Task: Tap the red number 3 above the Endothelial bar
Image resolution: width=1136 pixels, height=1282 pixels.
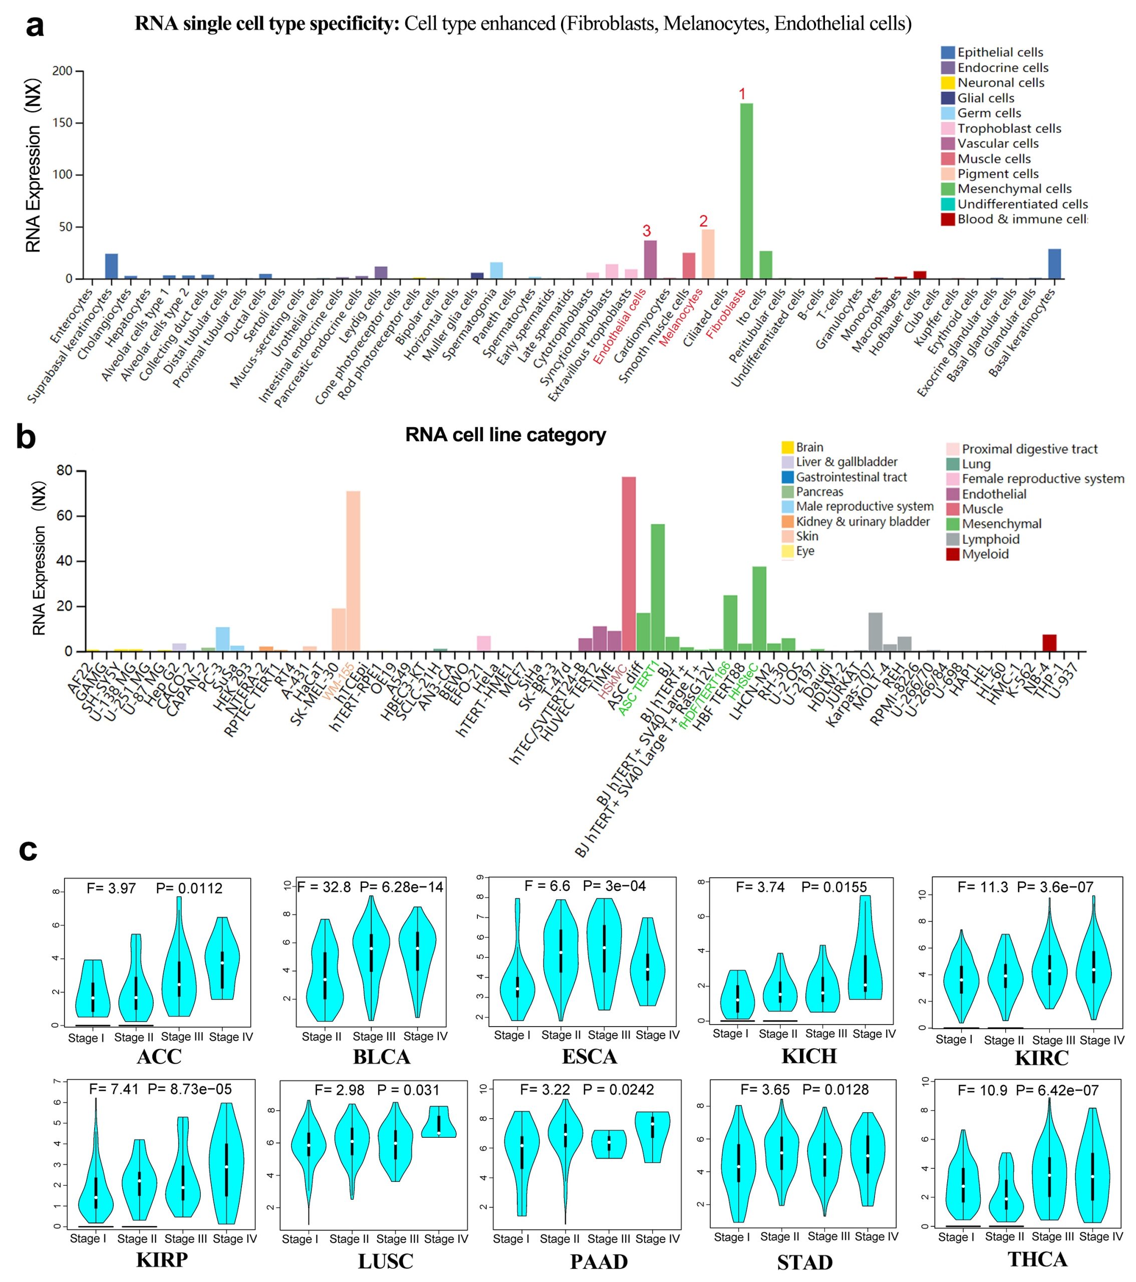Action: coord(647,231)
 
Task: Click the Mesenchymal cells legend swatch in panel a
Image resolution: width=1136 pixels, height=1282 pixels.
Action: coord(947,189)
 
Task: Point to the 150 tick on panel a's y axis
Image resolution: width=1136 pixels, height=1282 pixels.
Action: coord(63,123)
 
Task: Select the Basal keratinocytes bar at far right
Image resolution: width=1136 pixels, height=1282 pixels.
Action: coord(1054,264)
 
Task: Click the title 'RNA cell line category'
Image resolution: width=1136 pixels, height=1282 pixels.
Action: coord(505,435)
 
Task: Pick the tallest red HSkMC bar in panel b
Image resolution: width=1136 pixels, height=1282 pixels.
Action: coord(629,564)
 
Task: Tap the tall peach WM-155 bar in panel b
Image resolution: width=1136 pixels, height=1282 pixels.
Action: coord(353,571)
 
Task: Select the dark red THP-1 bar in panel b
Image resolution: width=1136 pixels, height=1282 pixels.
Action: coord(1049,643)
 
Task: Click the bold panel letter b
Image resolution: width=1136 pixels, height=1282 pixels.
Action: coord(27,437)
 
